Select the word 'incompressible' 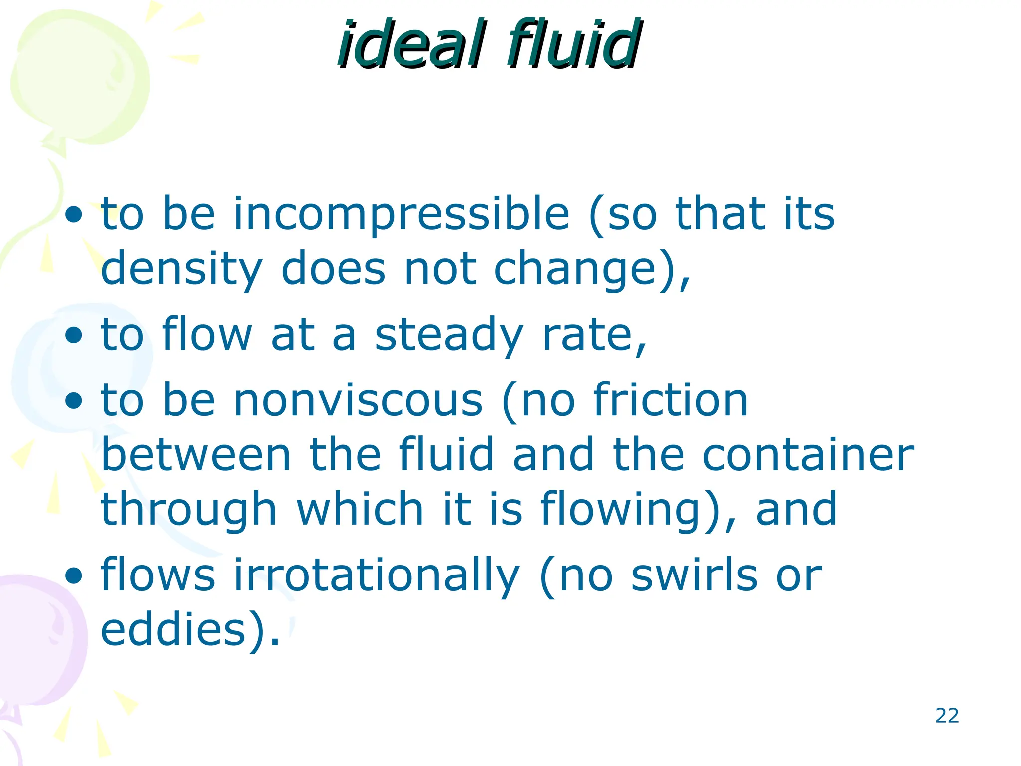401,214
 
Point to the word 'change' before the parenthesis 574,269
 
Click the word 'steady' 449,335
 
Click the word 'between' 196,455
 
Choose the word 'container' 808,455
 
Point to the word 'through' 188,510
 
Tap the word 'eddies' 174,629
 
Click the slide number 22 947,716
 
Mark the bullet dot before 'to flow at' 74,336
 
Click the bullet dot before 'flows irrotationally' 74,576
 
